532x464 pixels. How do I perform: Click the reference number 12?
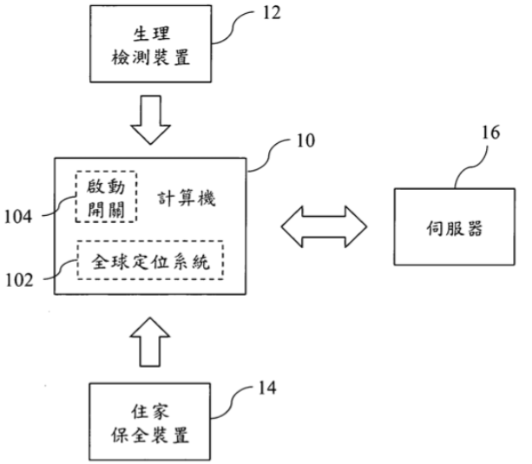273,13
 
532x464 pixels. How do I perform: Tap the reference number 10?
305,141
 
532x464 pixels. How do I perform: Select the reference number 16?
490,133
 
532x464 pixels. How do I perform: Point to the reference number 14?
267,388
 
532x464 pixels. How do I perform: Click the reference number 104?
18,217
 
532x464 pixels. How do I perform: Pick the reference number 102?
19,280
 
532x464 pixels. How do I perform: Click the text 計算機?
187,199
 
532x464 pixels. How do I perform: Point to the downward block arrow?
151,120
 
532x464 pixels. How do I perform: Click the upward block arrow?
150,342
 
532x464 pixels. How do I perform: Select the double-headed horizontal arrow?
324,226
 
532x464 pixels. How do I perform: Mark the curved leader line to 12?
233,27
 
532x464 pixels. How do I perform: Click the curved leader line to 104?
58,207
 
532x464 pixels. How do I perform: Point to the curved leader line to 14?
233,402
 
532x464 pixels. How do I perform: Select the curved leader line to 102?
61,271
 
